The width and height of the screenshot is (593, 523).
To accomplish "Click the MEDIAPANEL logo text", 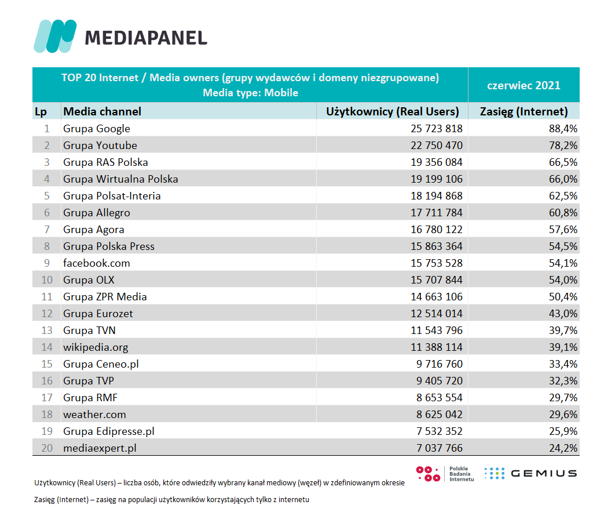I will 146,38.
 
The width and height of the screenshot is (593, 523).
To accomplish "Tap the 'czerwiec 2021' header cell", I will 524,85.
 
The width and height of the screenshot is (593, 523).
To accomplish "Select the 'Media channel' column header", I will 103,111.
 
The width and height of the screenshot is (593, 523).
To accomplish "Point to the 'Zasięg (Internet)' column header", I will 524,111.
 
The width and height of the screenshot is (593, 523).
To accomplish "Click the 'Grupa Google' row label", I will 97,129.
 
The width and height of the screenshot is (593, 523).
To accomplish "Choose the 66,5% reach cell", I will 563,162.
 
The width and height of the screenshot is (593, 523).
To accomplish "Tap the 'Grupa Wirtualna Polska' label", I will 120,179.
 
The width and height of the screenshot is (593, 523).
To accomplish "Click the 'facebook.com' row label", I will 97,263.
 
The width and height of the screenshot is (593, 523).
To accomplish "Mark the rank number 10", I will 47,280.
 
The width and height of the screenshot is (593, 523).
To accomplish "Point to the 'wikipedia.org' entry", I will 96,347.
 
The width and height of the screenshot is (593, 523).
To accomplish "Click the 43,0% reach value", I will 563,314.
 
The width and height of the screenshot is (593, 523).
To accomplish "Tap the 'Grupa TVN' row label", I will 89,330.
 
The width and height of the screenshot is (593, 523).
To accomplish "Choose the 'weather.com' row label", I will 94,415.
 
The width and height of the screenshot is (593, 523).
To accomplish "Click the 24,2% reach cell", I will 563,448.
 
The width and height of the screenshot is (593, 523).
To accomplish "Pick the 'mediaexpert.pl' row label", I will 100,448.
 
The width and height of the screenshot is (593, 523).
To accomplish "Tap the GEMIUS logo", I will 530,473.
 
